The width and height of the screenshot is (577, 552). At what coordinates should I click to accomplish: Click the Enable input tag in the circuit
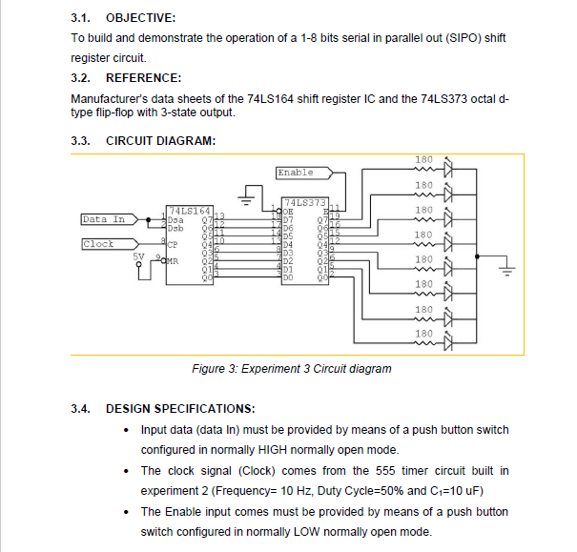click(x=296, y=173)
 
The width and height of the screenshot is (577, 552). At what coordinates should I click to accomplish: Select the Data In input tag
click(x=104, y=219)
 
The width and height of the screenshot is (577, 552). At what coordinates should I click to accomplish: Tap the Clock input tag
click(x=98, y=244)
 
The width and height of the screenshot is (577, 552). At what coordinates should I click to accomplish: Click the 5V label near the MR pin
click(x=139, y=256)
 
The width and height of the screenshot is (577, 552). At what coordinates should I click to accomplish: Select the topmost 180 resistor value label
click(x=424, y=159)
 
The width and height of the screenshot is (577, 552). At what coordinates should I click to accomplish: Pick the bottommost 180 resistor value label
click(x=424, y=333)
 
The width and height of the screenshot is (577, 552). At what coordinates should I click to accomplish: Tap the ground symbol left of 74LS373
click(x=249, y=200)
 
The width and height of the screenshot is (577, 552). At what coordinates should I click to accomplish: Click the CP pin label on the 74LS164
click(x=173, y=244)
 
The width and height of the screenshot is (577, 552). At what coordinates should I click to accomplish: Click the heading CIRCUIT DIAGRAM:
click(x=160, y=141)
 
